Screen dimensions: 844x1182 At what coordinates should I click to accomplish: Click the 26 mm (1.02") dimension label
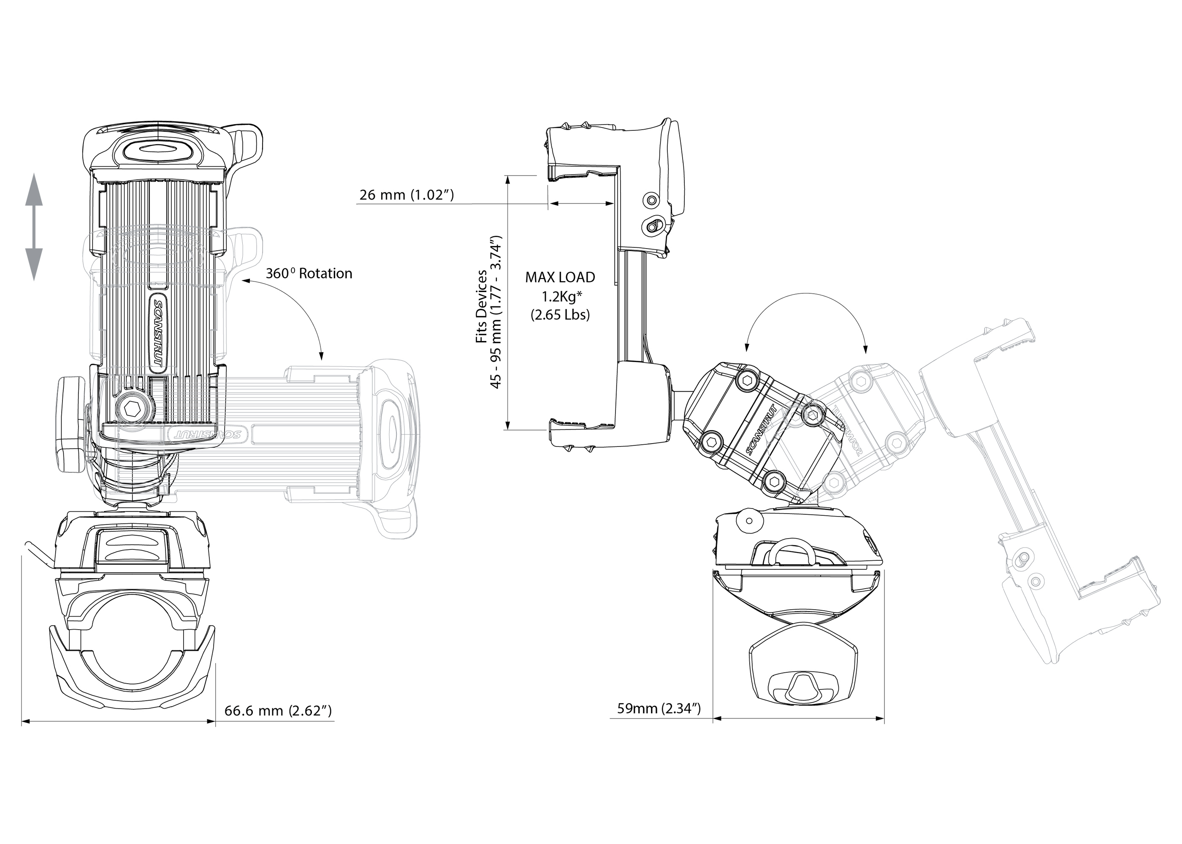coord(407,195)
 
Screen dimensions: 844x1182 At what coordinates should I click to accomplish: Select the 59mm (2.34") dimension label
coord(659,709)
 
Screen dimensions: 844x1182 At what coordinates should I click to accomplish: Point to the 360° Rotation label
coord(309,274)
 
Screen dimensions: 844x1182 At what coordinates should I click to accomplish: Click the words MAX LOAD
coord(560,277)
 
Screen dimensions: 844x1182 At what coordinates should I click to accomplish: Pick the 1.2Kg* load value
coord(561,296)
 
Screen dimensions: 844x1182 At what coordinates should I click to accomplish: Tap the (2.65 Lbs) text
coord(560,315)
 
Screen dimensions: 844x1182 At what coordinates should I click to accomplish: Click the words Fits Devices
coord(481,307)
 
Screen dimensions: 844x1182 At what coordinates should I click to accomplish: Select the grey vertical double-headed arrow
coord(34,227)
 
